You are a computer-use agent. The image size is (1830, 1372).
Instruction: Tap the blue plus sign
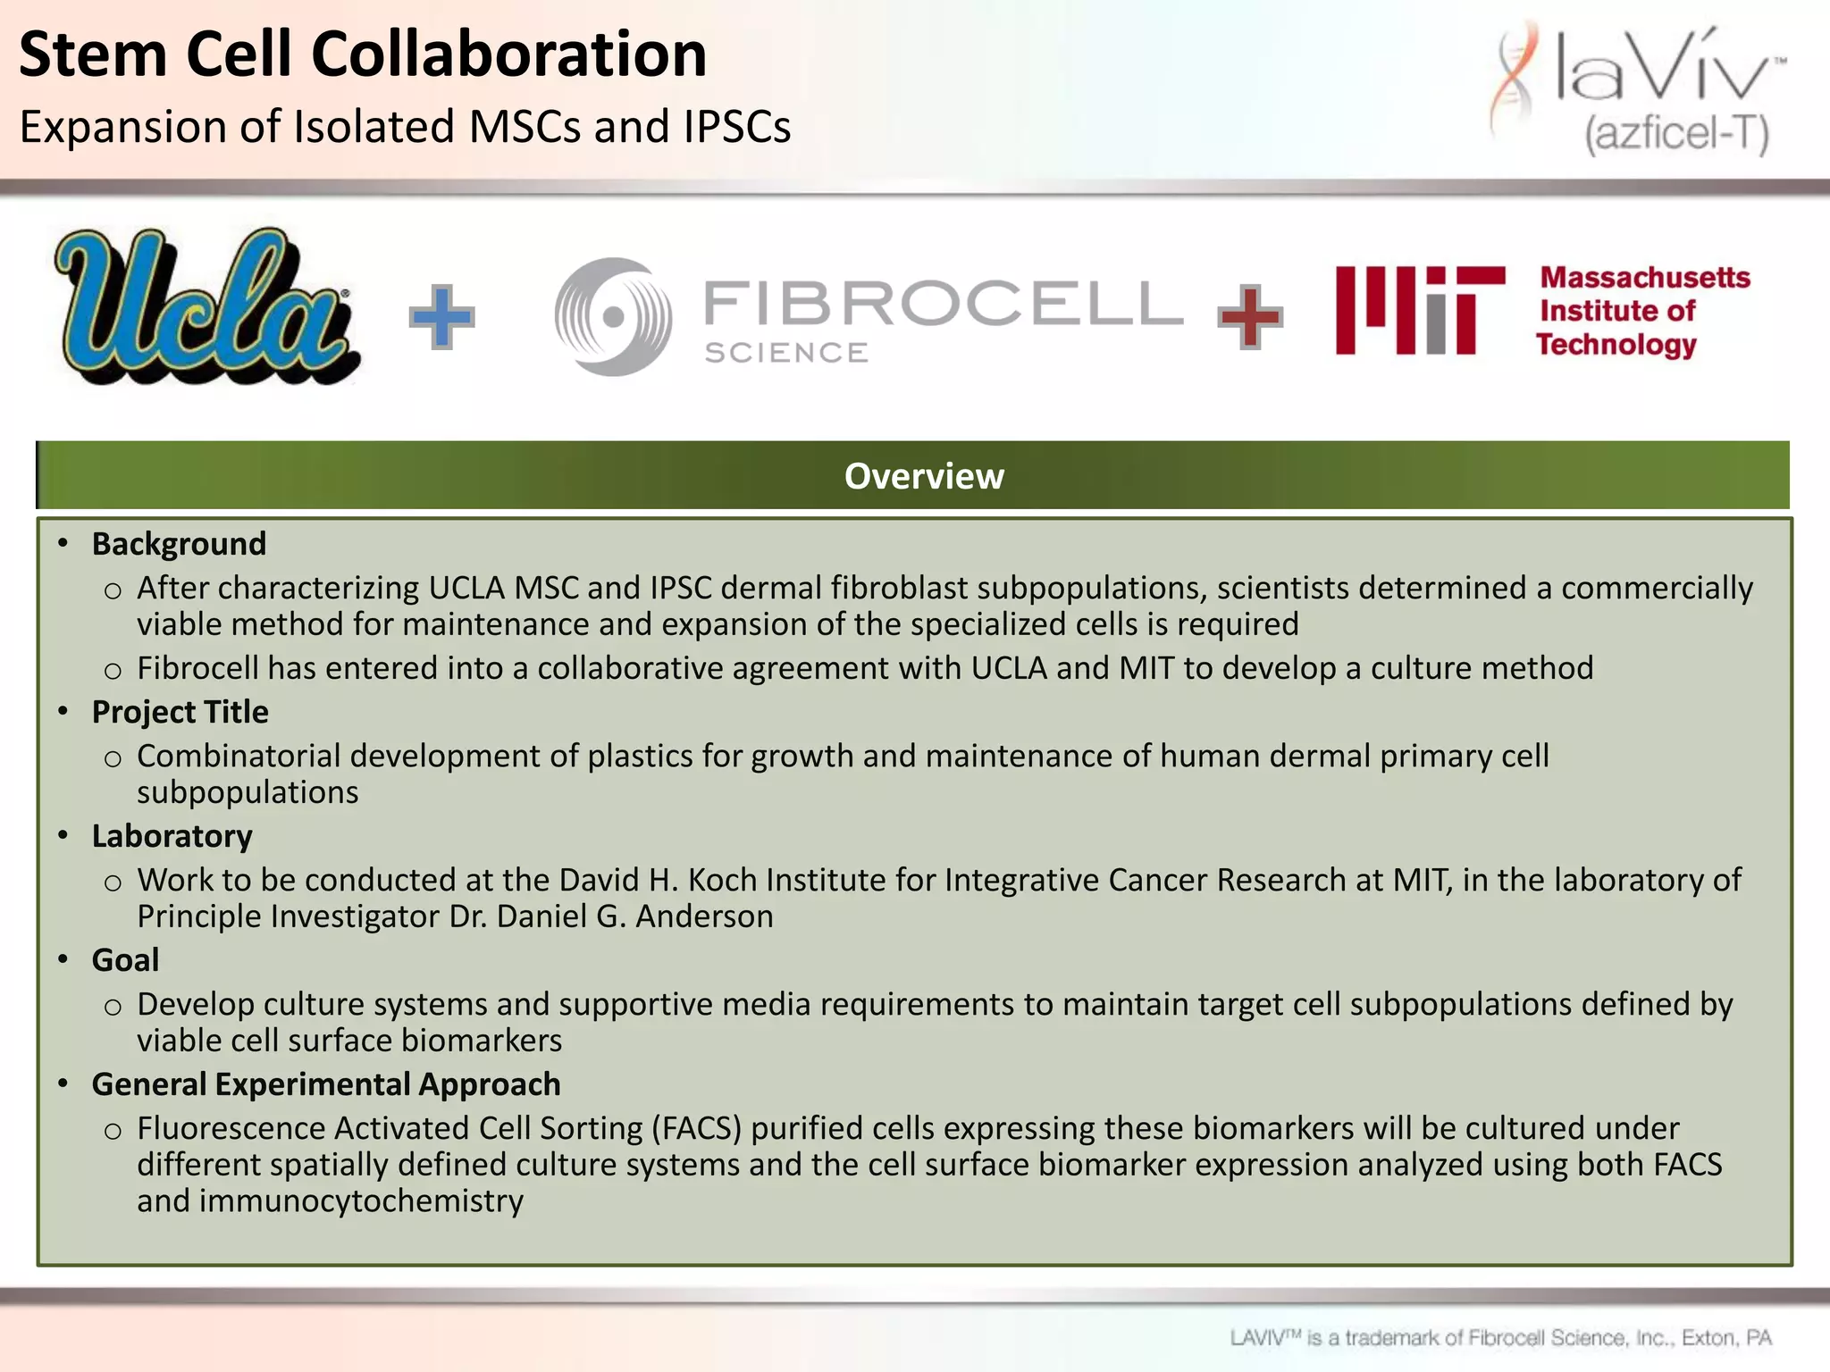coord(441,316)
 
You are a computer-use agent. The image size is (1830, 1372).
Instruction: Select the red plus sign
coord(1250,316)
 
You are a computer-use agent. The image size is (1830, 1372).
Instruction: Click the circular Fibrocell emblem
coord(613,316)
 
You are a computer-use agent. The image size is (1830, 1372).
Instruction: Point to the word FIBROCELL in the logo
coord(943,303)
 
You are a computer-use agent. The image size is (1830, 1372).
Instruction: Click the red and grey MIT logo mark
coord(1420,310)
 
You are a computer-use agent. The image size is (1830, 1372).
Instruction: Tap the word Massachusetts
coord(1644,278)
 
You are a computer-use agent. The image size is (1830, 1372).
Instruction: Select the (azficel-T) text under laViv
coord(1676,135)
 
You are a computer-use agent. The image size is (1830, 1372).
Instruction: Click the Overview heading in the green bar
coord(924,476)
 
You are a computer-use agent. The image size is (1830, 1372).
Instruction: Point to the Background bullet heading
coord(179,544)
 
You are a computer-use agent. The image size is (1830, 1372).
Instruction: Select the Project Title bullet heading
coord(180,712)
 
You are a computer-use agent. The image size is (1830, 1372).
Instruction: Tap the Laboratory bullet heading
coord(172,836)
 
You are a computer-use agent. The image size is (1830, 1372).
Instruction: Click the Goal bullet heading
coord(125,960)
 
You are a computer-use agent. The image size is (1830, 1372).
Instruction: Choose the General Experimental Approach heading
coord(326,1084)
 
